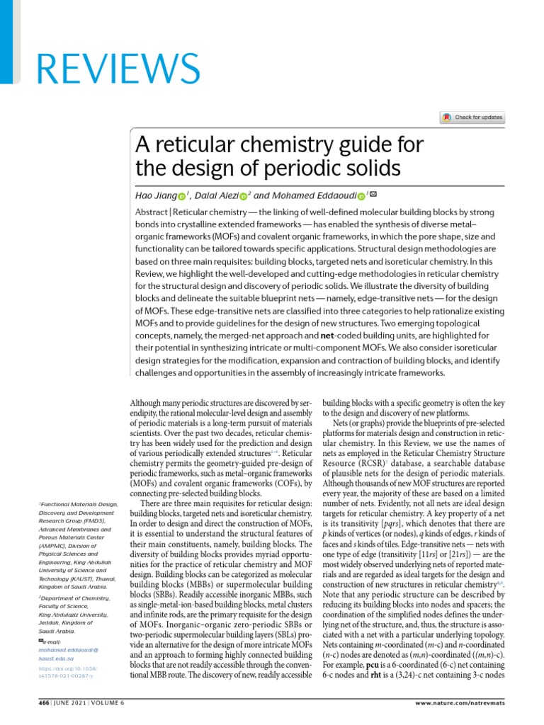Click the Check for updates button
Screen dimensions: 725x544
tap(472, 118)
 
